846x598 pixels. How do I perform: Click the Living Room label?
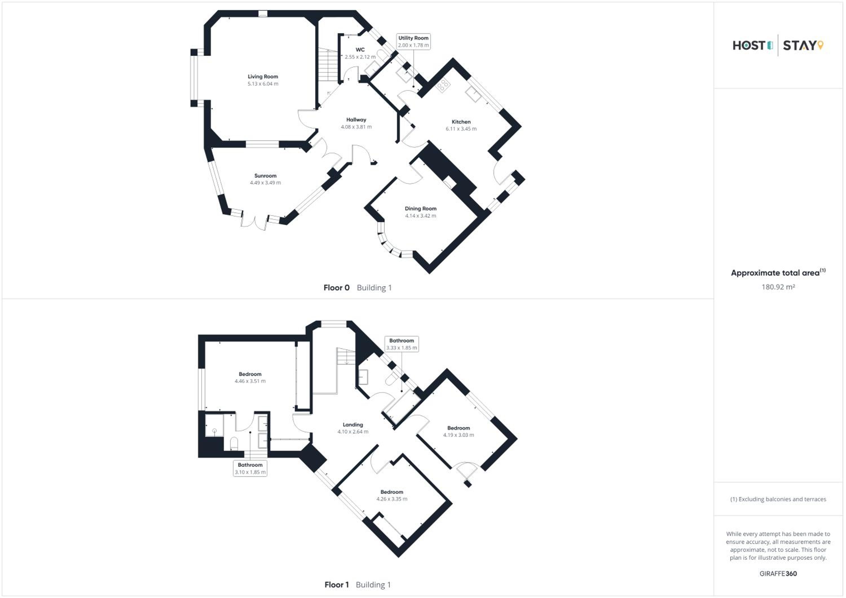(x=263, y=77)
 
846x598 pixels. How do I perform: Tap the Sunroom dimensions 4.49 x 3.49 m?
(x=265, y=183)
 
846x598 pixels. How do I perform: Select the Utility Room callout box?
(x=413, y=42)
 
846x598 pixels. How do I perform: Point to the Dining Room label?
(x=420, y=209)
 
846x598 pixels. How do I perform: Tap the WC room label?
(x=360, y=50)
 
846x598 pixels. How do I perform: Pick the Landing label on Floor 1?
(x=352, y=425)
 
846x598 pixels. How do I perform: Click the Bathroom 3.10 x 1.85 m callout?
(x=250, y=468)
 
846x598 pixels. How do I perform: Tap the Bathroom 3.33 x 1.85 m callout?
(x=402, y=344)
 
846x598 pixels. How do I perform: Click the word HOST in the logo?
(x=749, y=46)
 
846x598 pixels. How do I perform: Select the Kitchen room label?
(x=461, y=122)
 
